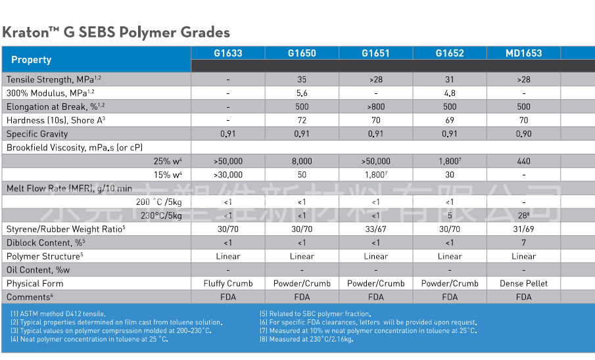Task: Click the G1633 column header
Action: coord(228,53)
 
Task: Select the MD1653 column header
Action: coord(523,53)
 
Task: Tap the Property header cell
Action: coord(32,60)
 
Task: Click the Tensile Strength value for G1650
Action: coord(302,79)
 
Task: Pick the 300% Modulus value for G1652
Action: coord(450,93)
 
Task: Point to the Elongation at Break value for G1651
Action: coord(375,106)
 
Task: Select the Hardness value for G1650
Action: coord(302,120)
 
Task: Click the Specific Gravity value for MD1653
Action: coord(523,134)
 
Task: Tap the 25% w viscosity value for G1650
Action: coord(302,161)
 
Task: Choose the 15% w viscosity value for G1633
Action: coord(228,175)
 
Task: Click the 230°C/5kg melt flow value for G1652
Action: coord(450,215)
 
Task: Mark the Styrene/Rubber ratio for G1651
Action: coord(375,229)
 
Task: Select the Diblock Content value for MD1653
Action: coord(523,242)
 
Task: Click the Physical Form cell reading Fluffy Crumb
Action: coord(228,283)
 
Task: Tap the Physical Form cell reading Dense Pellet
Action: coord(523,283)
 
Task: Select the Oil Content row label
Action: coord(38,270)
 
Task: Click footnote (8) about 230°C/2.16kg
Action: coord(306,339)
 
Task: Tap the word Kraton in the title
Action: coord(26,32)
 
